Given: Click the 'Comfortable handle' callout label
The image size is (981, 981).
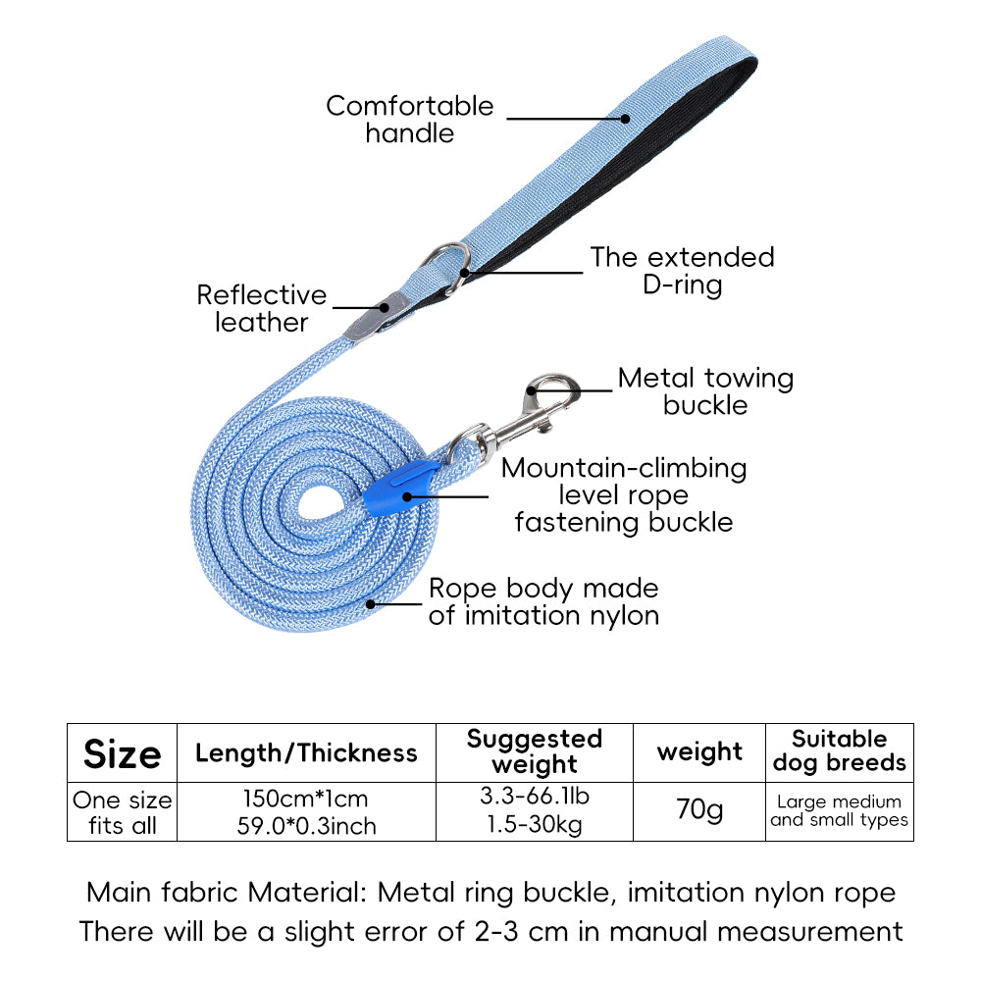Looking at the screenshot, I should coord(410,119).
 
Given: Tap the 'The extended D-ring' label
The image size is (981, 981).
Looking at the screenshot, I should coord(682,271).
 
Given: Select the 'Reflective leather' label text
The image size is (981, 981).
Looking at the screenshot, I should coord(261,308).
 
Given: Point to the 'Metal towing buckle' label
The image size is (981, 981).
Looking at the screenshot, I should coord(705,391).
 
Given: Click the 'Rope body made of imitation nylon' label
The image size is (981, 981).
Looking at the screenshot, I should coord(543,601).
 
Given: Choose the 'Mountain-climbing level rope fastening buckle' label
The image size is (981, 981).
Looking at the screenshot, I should coord(624,494).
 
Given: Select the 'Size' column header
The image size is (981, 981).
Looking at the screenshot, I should coord(122,753).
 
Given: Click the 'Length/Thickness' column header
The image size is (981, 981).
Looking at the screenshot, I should coord(306,753).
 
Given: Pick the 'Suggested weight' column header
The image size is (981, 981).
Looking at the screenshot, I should coord(535,751).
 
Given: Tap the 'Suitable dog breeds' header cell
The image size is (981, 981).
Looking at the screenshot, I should coord(839,751).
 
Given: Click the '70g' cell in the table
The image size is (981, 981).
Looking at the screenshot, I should coord(699,810).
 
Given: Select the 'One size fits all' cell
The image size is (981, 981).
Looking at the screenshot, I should coord(122,812).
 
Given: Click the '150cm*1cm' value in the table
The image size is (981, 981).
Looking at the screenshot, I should coord(306,799).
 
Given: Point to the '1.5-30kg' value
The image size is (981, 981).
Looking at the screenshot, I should coord(535,825).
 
